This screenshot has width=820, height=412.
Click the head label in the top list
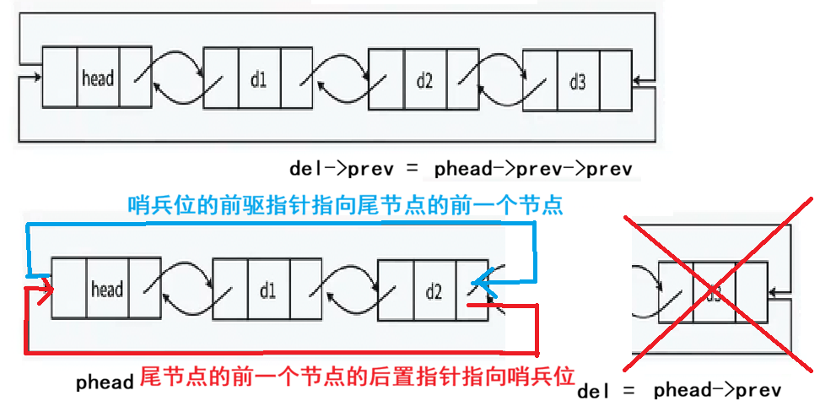(98, 79)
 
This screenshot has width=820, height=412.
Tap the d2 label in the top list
(424, 80)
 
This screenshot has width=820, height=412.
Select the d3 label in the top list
(577, 81)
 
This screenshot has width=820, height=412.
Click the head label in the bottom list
(107, 290)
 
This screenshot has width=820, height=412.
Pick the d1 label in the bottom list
(268, 291)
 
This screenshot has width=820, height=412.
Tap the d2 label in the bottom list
(434, 292)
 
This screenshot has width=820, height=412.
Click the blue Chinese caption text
(345, 205)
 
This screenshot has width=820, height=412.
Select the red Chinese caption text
(357, 377)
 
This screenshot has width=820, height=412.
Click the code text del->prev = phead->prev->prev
(460, 168)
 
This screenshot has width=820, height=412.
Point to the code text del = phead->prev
(679, 390)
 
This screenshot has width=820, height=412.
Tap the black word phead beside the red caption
(105, 382)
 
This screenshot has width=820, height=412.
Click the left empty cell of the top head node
(59, 79)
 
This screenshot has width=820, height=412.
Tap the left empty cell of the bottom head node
(69, 290)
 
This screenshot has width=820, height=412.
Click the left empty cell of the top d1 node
(221, 79)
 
